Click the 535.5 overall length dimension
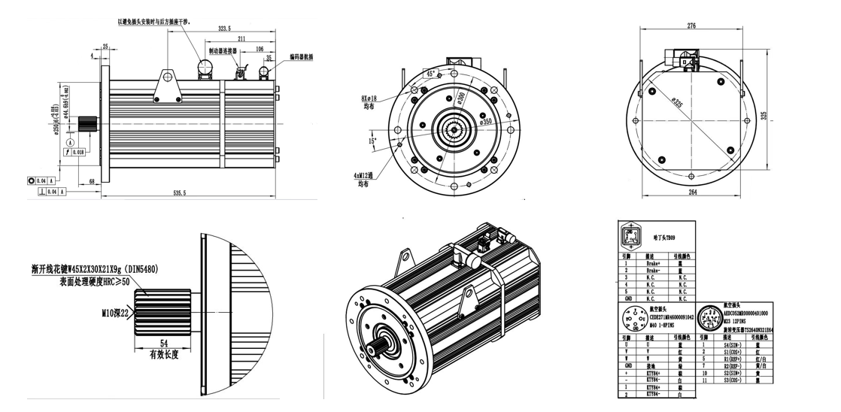point(179,193)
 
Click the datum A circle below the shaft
point(71,141)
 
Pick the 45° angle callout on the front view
point(431,74)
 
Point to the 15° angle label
point(372,141)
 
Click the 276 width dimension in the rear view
point(691,26)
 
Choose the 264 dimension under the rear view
point(691,192)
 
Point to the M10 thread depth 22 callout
point(116,311)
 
